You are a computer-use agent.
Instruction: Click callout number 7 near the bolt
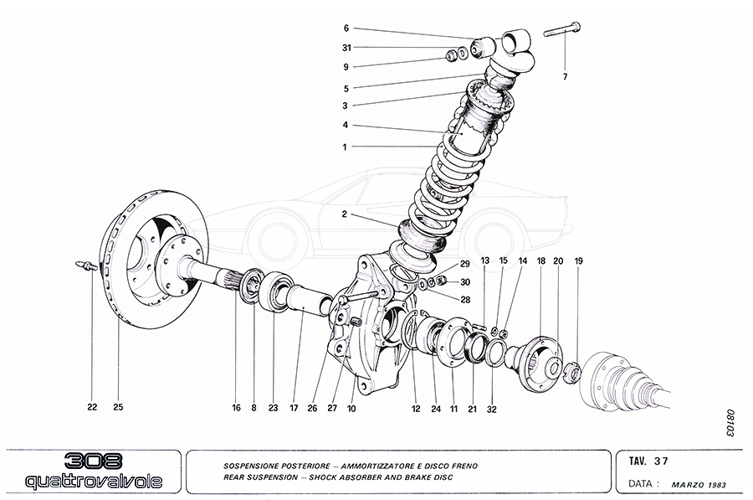click(565, 77)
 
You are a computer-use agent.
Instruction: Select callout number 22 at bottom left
click(92, 408)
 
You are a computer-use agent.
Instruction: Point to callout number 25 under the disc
click(118, 408)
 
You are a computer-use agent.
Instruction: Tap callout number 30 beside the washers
click(466, 281)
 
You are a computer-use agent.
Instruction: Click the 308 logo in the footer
click(92, 461)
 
